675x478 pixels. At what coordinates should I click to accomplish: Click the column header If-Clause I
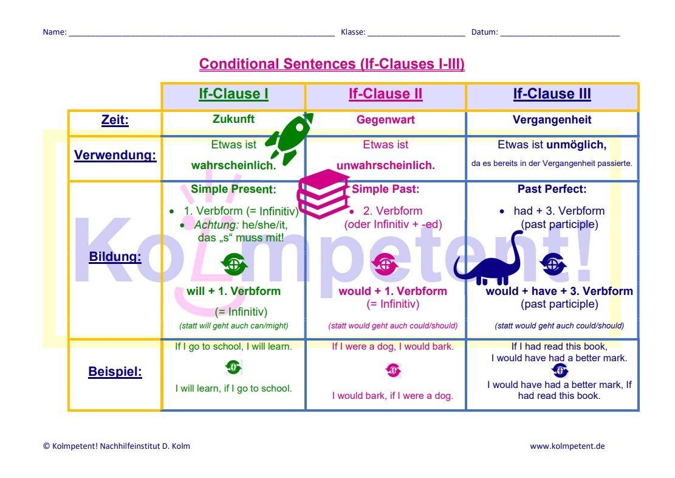[233, 94]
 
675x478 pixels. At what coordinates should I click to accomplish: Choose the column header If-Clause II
[385, 94]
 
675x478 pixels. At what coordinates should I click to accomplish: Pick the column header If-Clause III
[552, 94]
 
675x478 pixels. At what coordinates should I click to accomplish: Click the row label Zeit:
[115, 120]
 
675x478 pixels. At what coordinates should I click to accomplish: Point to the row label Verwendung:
[115, 155]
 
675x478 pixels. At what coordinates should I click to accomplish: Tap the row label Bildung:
[115, 257]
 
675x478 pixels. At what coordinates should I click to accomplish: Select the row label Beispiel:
[115, 372]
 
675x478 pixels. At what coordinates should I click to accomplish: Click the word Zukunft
[234, 119]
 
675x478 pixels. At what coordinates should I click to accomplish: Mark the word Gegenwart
[385, 120]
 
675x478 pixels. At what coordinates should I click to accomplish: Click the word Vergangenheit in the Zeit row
[552, 120]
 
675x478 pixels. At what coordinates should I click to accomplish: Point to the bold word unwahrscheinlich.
[385, 165]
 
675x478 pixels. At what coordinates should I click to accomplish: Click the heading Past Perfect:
[552, 189]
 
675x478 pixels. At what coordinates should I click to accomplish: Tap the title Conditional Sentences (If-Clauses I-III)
[332, 64]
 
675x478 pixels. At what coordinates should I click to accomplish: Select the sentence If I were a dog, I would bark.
[392, 347]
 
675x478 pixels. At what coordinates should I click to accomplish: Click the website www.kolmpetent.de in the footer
[567, 446]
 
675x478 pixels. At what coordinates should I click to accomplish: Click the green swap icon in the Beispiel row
[233, 367]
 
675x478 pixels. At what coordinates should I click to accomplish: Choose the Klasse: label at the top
[352, 32]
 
